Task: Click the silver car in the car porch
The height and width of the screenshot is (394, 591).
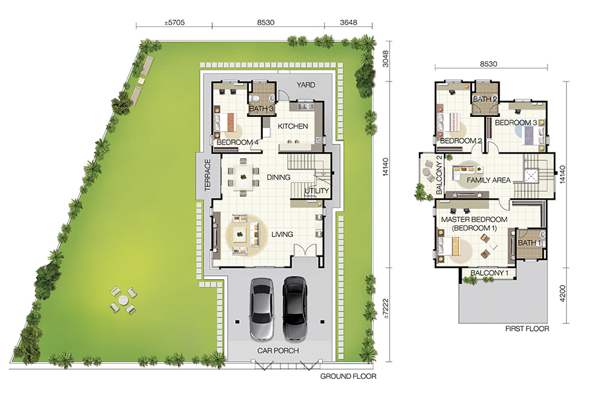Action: coord(261,309)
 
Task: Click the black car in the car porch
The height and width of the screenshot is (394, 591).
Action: coord(295,309)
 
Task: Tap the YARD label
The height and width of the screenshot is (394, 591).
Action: coord(305,85)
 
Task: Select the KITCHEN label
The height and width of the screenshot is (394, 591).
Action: coord(293,126)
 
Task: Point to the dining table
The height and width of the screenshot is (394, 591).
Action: coord(244,177)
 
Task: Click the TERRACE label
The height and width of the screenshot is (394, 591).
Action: coord(208,175)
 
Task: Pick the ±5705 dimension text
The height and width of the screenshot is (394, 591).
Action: coord(175,22)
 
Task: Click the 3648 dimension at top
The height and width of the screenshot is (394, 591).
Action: coord(348,22)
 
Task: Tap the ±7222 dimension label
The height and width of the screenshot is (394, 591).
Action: coord(385,309)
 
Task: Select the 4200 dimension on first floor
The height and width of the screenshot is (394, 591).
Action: coord(562,294)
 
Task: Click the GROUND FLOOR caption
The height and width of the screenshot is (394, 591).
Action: coord(348,376)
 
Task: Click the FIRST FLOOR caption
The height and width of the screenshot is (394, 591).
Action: coord(527,329)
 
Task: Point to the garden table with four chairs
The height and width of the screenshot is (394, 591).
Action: coord(123,301)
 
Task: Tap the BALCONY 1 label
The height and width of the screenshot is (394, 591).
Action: coord(490,273)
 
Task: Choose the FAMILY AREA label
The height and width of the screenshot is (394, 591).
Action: coord(489,180)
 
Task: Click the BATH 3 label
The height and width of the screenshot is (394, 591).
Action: coord(261,108)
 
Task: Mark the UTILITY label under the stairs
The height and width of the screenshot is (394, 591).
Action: coord(317,191)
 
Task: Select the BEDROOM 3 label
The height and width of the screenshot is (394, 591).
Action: coord(515,123)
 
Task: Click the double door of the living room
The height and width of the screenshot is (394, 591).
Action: coord(305,250)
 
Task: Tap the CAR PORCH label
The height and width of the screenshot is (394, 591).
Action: coord(278,351)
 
